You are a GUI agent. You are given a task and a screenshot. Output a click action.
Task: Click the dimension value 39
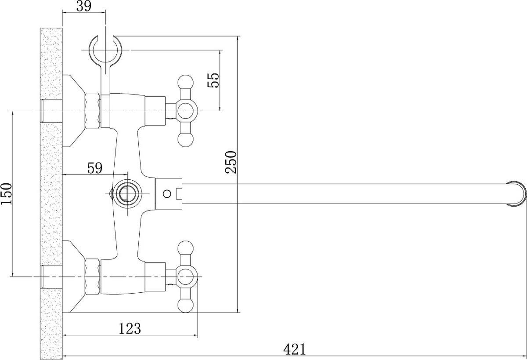point(84,6)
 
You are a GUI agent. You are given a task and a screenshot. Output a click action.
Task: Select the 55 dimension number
point(213,80)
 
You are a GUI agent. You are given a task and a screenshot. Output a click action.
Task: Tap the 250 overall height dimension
point(231,162)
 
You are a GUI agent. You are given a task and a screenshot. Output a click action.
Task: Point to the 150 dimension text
point(6,194)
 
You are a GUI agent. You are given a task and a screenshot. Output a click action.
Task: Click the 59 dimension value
point(95,168)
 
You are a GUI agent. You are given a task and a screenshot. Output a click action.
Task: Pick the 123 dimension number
point(130,328)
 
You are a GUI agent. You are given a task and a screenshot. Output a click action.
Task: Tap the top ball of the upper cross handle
point(186,83)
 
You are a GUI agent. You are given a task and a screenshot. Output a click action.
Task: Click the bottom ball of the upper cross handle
point(186,140)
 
